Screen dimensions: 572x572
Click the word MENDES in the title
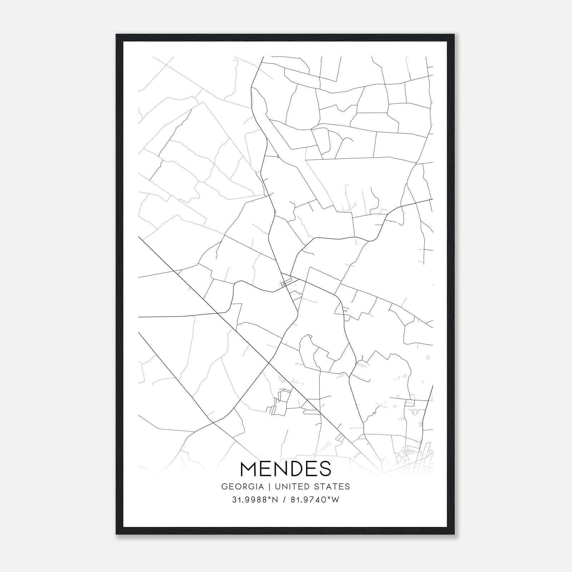click(286, 469)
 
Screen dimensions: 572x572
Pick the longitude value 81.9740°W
click(315, 500)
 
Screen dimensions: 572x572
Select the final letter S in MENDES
click(325, 469)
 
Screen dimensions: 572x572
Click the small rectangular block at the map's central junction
click(285, 284)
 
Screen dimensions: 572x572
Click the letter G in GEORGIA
click(224, 487)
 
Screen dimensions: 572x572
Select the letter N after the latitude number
click(275, 500)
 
